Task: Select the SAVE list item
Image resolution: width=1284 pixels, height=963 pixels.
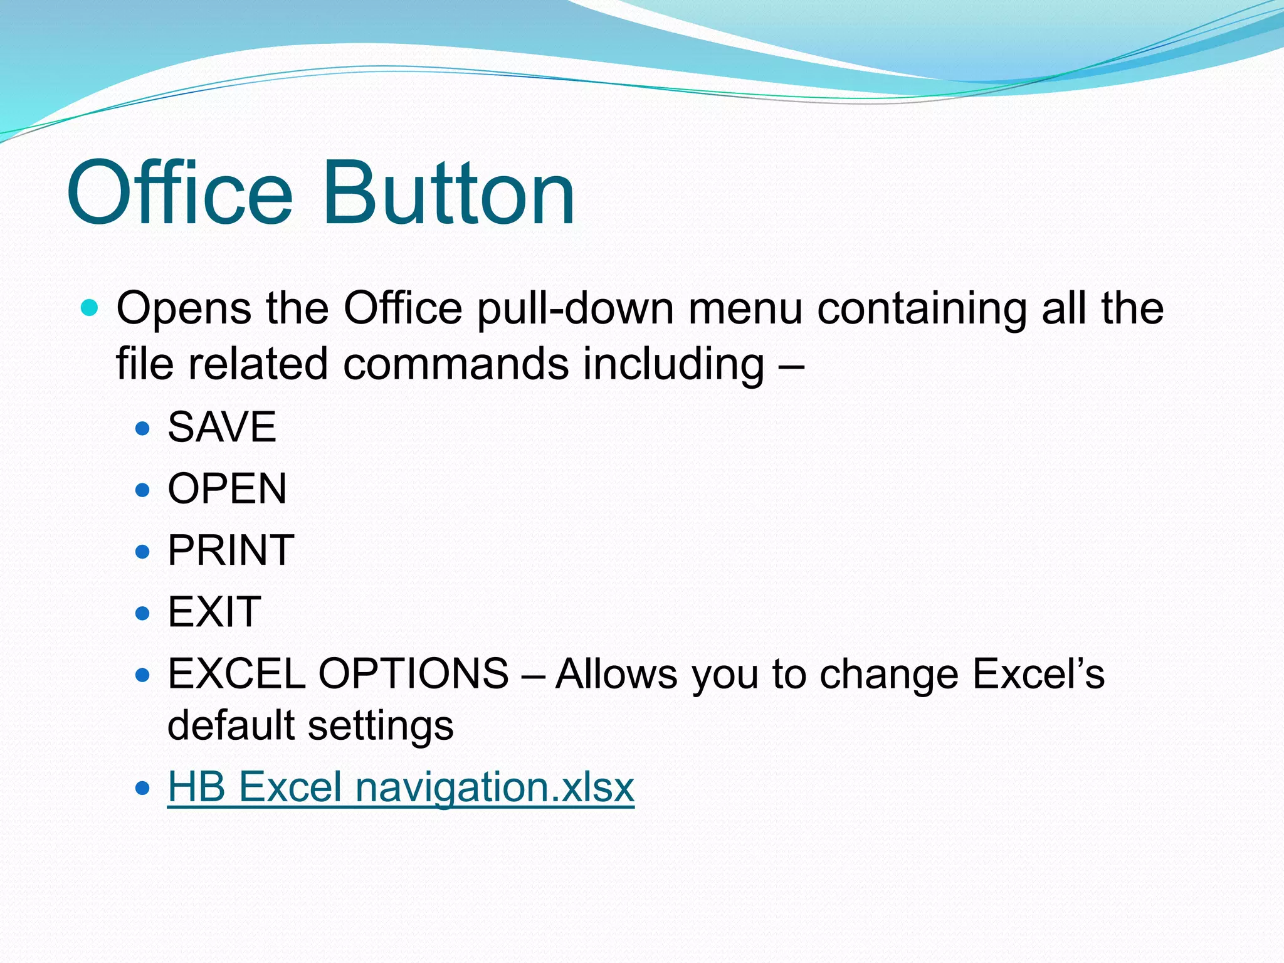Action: coord(222,427)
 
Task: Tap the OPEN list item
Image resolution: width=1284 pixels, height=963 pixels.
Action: coord(227,488)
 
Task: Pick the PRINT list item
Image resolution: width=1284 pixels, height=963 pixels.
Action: coord(231,550)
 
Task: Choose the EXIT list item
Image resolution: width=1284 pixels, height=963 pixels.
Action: coord(214,611)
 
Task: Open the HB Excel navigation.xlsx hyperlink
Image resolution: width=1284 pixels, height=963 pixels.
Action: coord(401,787)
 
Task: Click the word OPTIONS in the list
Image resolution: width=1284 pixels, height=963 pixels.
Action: coord(413,674)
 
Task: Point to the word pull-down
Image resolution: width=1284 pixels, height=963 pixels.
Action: coord(575,308)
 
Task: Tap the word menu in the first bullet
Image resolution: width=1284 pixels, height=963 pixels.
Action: coord(745,308)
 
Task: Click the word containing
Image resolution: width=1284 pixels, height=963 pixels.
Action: coord(922,308)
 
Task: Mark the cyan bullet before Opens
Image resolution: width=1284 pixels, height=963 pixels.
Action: coord(90,308)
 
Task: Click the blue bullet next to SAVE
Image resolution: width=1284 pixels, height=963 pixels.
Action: coord(143,428)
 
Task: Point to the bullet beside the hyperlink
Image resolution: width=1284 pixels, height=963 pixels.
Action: coord(143,787)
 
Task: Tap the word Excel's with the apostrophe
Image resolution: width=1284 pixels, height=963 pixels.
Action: coord(1038,674)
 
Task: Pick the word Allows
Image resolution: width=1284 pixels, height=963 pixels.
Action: coord(616,674)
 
